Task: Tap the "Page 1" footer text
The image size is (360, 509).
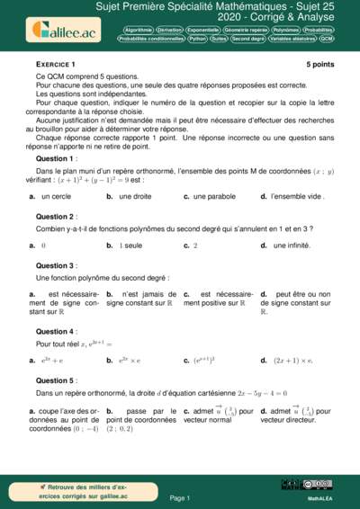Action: (x=180, y=497)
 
